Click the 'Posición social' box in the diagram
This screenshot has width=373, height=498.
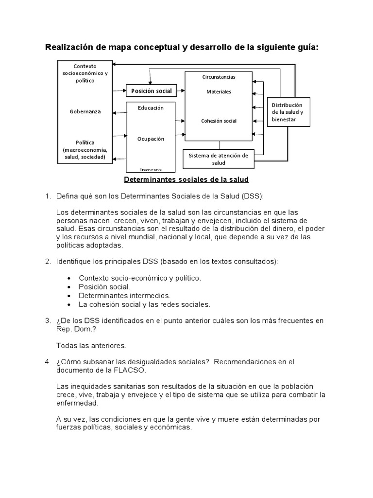pos(149,91)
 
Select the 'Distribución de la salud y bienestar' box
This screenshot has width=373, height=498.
pos(288,112)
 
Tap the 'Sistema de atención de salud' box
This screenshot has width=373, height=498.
pos(218,159)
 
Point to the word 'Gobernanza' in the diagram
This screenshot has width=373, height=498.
pos(85,111)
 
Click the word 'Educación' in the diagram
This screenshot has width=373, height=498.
pos(151,107)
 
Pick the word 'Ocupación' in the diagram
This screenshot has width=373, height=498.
pos(151,139)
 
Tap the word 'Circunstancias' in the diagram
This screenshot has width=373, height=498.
pos(219,77)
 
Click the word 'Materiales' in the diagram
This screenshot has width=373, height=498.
pos(219,91)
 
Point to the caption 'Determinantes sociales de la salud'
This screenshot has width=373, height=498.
pos(186,180)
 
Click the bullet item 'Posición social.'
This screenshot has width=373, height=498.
pos(104,287)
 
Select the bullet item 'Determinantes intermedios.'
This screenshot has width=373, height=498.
pos(125,296)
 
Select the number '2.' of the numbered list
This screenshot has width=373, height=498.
pos(48,262)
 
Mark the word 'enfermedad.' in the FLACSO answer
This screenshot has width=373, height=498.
pos(77,403)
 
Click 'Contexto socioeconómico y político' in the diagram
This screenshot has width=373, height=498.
pos(85,73)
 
